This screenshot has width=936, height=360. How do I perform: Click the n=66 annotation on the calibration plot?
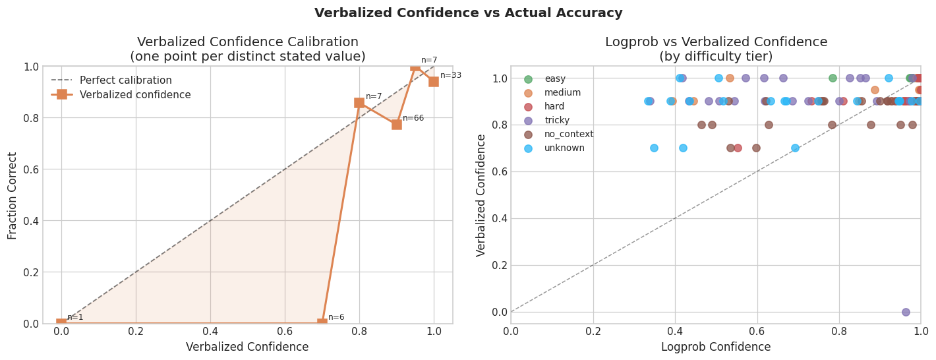(413, 119)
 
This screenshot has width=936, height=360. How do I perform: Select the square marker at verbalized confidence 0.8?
(359, 103)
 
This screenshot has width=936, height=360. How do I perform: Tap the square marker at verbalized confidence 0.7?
(322, 323)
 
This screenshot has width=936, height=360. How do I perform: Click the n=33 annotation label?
(451, 76)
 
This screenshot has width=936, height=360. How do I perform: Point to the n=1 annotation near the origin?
(75, 317)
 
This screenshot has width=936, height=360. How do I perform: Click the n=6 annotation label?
(336, 318)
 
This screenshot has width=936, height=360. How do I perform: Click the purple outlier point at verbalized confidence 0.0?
(906, 312)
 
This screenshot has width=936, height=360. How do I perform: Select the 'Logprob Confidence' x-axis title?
(715, 347)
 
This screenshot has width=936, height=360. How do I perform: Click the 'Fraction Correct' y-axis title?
(13, 195)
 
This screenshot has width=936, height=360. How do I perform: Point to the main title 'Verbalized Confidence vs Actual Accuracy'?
(468, 13)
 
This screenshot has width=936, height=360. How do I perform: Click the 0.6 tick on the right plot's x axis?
(757, 331)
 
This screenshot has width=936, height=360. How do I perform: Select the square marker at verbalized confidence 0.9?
(396, 124)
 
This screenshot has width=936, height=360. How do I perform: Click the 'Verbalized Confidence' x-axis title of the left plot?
(247, 347)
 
